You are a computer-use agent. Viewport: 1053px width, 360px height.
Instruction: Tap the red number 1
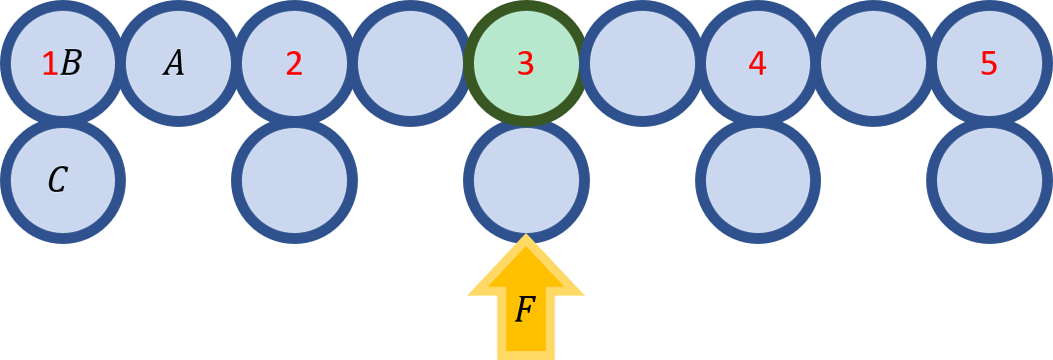49,64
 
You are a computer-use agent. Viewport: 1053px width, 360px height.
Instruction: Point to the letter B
71,64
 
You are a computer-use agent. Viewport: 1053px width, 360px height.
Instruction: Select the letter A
174,64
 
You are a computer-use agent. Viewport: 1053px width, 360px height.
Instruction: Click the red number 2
294,64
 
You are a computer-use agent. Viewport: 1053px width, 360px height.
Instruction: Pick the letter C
57,180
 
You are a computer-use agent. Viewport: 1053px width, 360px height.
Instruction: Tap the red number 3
526,64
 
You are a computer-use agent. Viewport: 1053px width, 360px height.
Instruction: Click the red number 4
757,64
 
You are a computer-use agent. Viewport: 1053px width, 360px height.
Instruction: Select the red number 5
989,64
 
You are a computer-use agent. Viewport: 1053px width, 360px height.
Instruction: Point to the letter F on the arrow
525,311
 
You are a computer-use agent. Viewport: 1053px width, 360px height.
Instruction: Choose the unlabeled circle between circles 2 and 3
410,64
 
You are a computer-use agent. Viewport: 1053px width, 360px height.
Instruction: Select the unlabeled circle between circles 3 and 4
642,64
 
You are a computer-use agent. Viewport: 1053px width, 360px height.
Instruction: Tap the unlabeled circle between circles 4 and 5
873,64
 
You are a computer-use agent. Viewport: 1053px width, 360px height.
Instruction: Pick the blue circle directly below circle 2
294,180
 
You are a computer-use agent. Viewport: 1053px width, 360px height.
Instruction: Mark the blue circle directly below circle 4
757,180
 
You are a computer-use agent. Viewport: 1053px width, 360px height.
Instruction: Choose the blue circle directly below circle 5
989,180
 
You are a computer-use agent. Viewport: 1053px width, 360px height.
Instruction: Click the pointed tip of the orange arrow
526,239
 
